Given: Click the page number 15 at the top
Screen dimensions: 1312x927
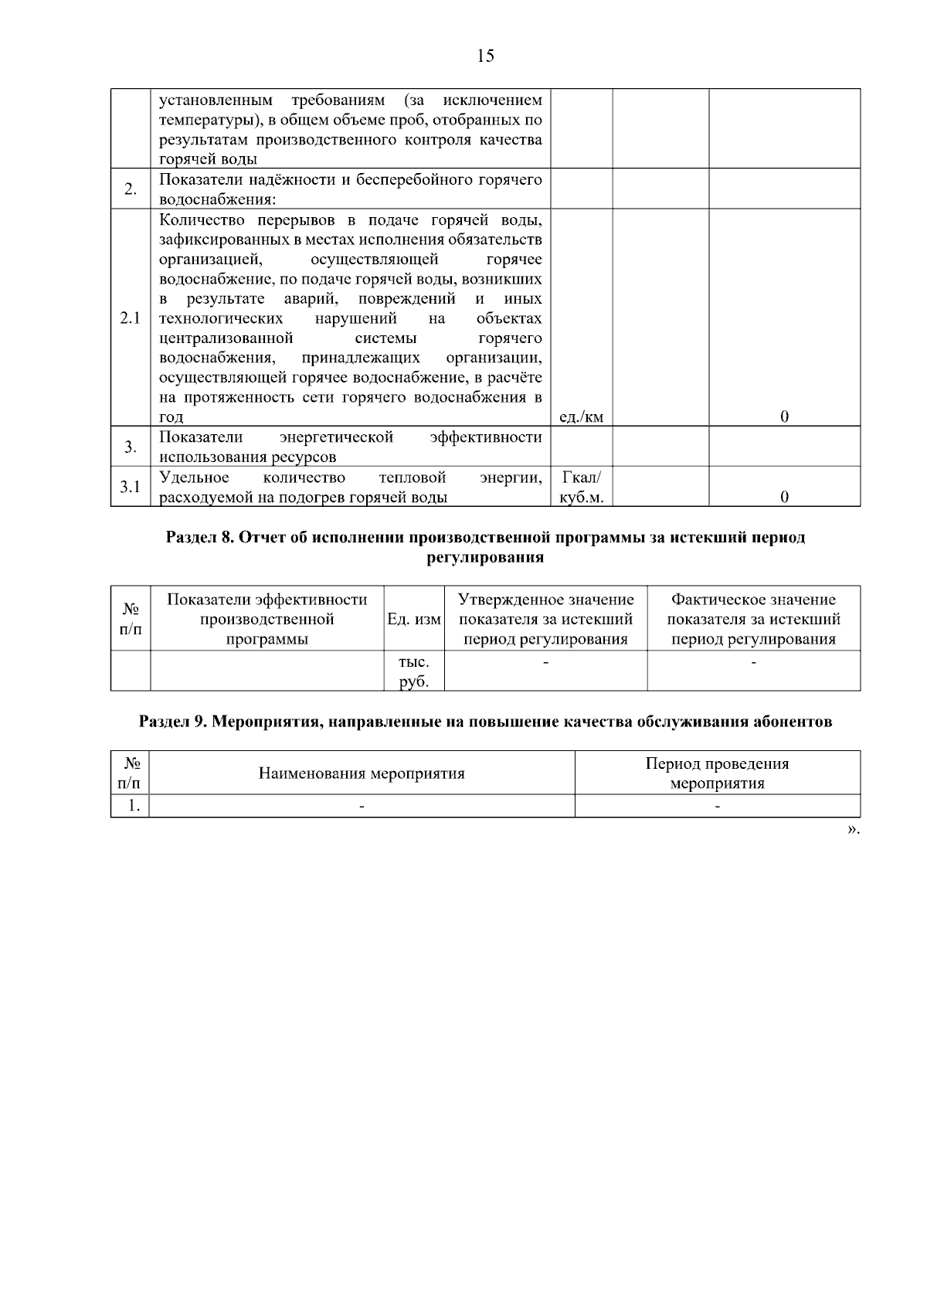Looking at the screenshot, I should (485, 56).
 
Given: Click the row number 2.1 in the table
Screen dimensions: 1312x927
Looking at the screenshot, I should (131, 318).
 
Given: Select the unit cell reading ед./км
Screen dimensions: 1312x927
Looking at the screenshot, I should (581, 417).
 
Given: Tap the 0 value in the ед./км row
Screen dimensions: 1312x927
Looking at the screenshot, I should (784, 417).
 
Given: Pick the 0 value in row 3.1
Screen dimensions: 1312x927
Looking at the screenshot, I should (784, 497).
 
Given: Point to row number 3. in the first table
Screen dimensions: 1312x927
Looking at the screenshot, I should (131, 447).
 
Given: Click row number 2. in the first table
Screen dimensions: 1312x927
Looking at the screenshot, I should (131, 189).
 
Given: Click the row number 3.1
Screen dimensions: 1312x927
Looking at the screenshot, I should (131, 487).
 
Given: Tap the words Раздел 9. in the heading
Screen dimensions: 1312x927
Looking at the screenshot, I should (172, 722).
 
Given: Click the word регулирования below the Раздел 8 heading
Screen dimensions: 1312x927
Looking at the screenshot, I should (485, 558).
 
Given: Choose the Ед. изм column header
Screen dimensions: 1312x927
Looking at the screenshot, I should (414, 619).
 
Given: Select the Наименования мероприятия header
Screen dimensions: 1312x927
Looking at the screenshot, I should (362, 773).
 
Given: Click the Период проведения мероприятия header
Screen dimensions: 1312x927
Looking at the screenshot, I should (717, 773).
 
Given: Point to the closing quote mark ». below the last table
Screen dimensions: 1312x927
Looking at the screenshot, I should (853, 829).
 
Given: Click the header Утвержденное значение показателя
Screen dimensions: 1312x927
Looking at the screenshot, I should (545, 619).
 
